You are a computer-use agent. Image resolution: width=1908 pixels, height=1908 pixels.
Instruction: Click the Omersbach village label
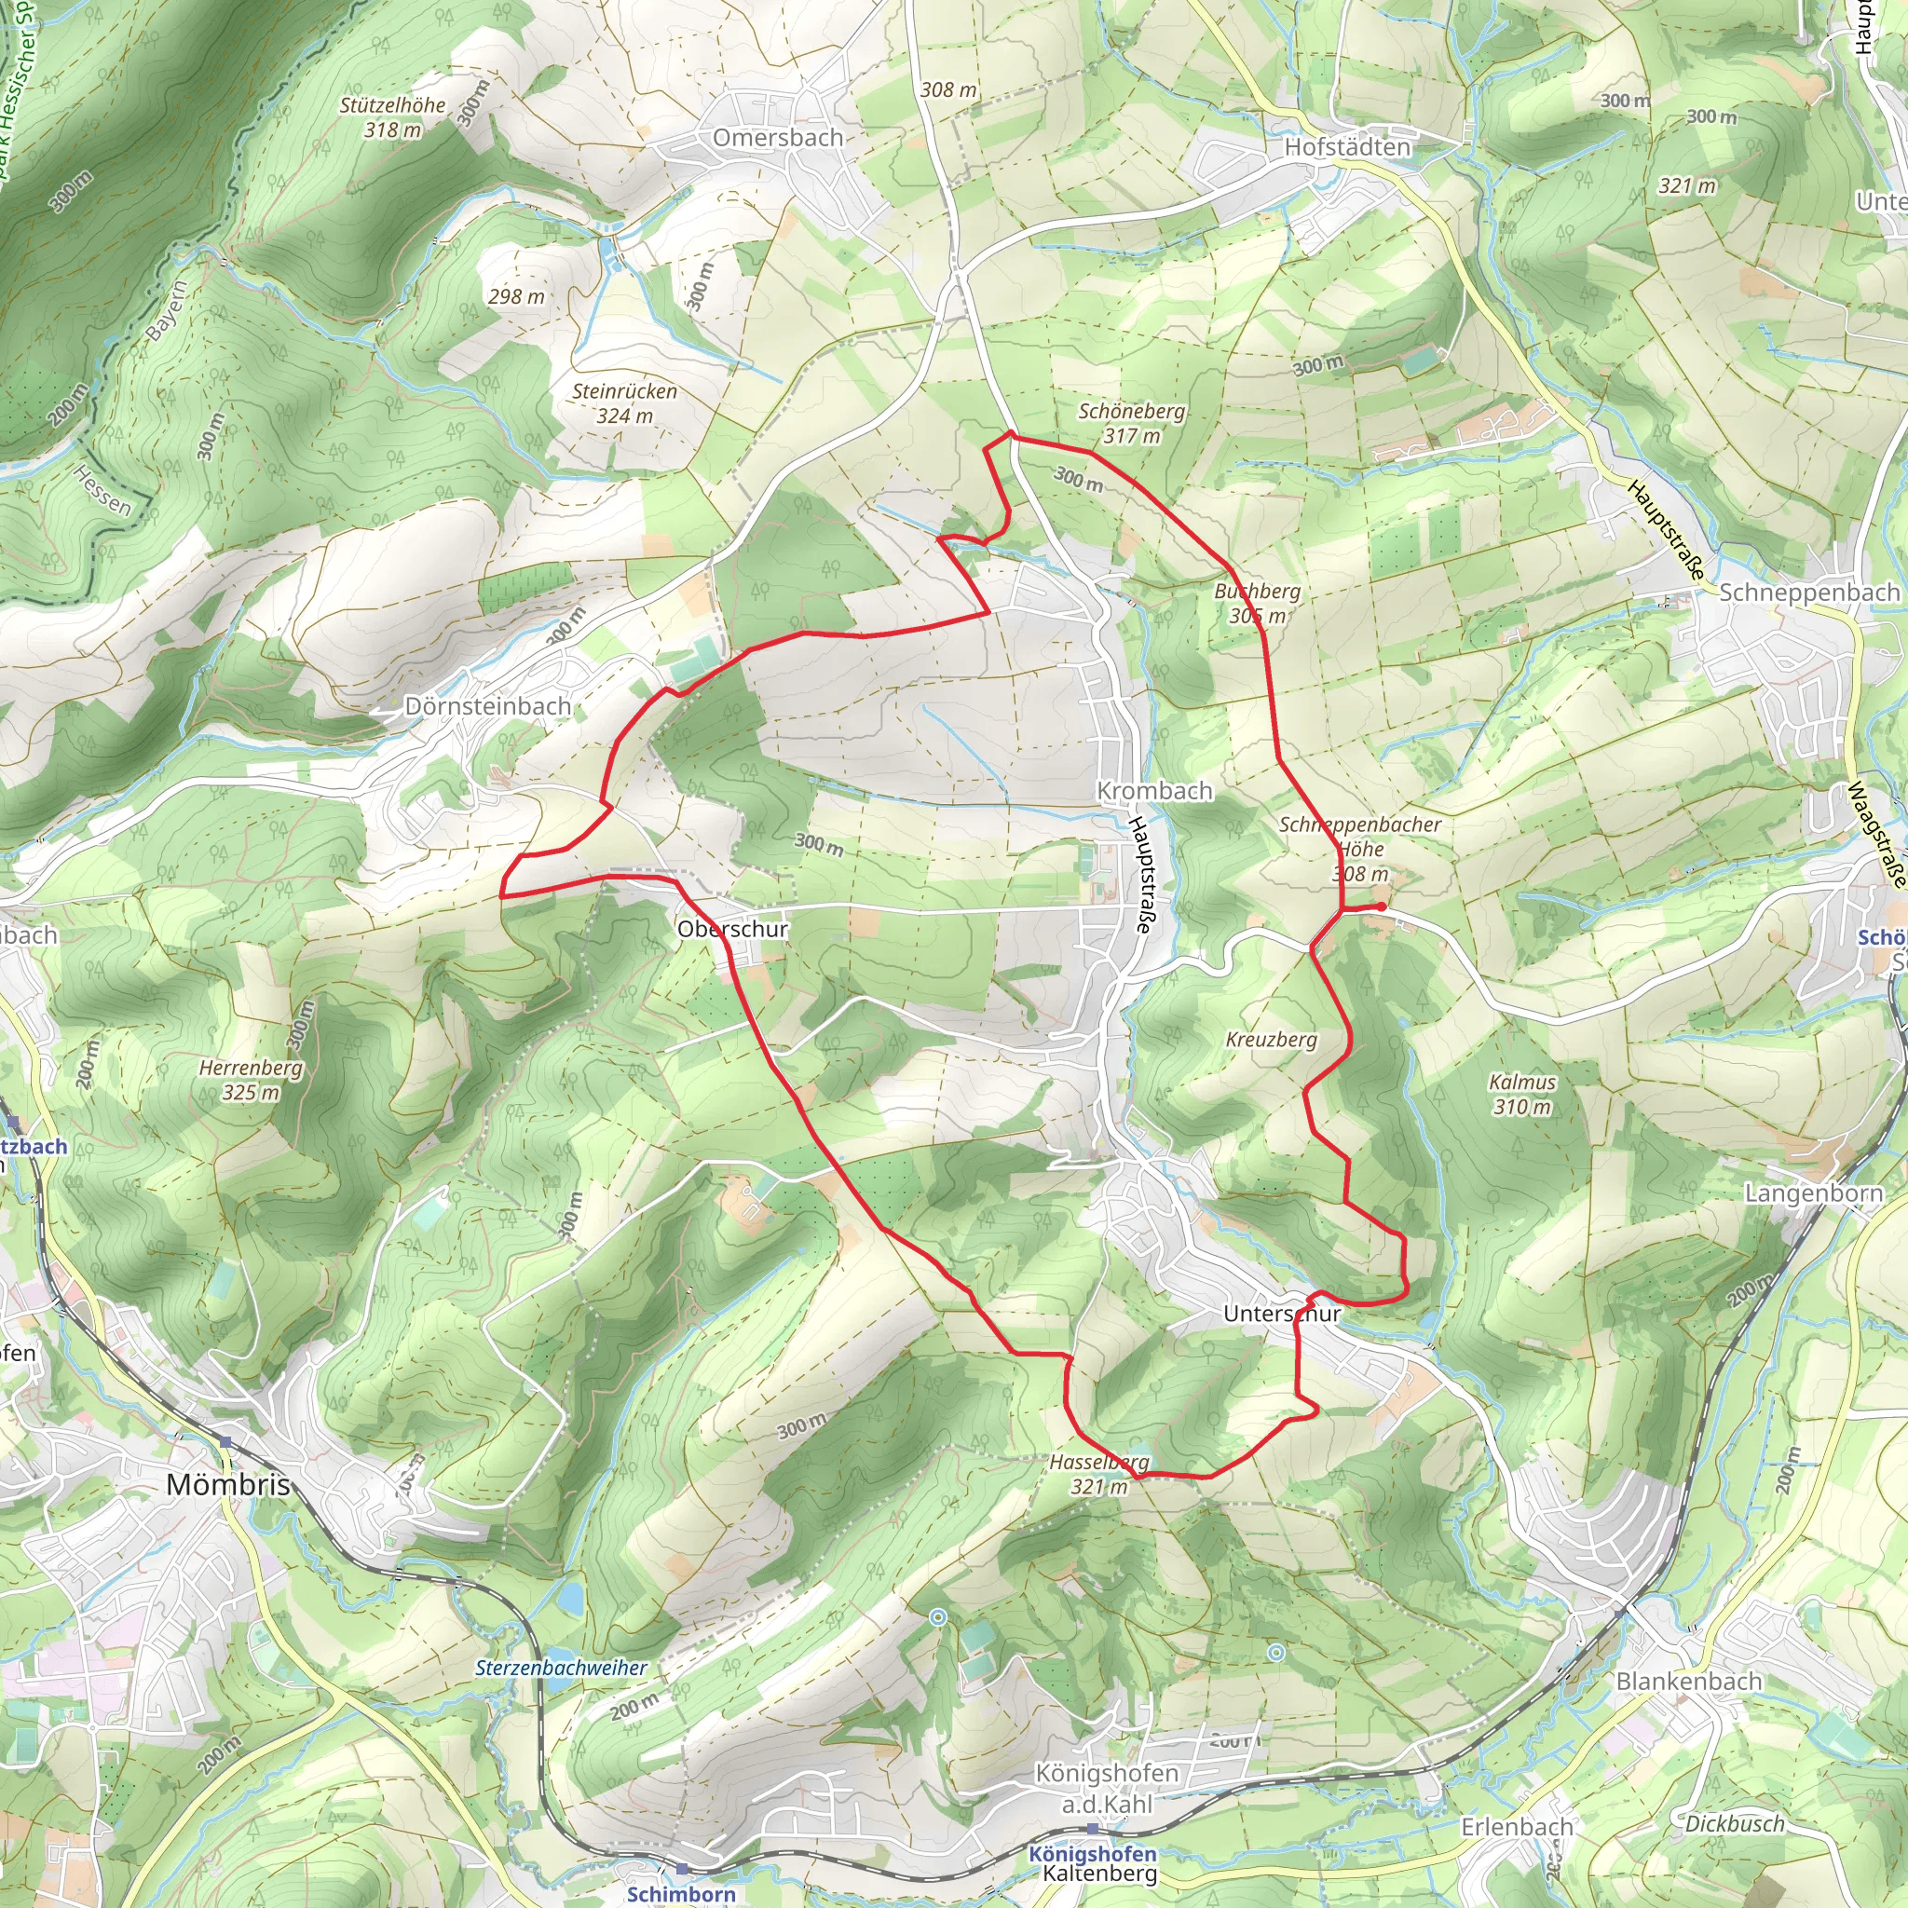tap(778, 138)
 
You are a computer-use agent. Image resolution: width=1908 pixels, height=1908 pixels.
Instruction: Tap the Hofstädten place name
tap(1347, 147)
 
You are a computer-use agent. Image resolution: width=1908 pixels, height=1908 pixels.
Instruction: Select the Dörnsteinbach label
tap(488, 706)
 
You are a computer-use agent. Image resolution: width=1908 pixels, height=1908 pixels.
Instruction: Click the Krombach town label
tap(1154, 791)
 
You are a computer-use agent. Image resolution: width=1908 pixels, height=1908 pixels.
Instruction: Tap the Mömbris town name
tap(228, 1484)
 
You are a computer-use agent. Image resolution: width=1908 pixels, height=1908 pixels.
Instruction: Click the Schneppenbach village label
tap(1809, 593)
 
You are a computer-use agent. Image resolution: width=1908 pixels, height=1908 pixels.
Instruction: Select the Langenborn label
tap(1813, 1193)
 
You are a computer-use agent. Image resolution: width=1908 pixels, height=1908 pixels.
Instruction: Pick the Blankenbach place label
tap(1689, 1681)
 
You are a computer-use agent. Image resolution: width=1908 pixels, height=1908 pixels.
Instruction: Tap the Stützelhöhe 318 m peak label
tap(392, 117)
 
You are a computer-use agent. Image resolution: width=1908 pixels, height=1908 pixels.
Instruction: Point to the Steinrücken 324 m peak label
tap(624, 402)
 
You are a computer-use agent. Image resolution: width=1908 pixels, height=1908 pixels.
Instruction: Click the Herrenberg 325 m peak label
tap(251, 1080)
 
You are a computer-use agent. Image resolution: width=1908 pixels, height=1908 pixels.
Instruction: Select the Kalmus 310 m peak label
tap(1522, 1095)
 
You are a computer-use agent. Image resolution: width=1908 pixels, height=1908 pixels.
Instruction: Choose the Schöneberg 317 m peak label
tap(1132, 423)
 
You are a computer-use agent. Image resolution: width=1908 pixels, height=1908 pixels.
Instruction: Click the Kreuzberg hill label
tap(1271, 1040)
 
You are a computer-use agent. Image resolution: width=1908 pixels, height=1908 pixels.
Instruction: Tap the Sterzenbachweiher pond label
tap(561, 1668)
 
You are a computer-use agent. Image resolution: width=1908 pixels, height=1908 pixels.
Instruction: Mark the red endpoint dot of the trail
tap(1381, 906)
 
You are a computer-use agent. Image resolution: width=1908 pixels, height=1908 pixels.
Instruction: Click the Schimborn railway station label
tap(681, 1894)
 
